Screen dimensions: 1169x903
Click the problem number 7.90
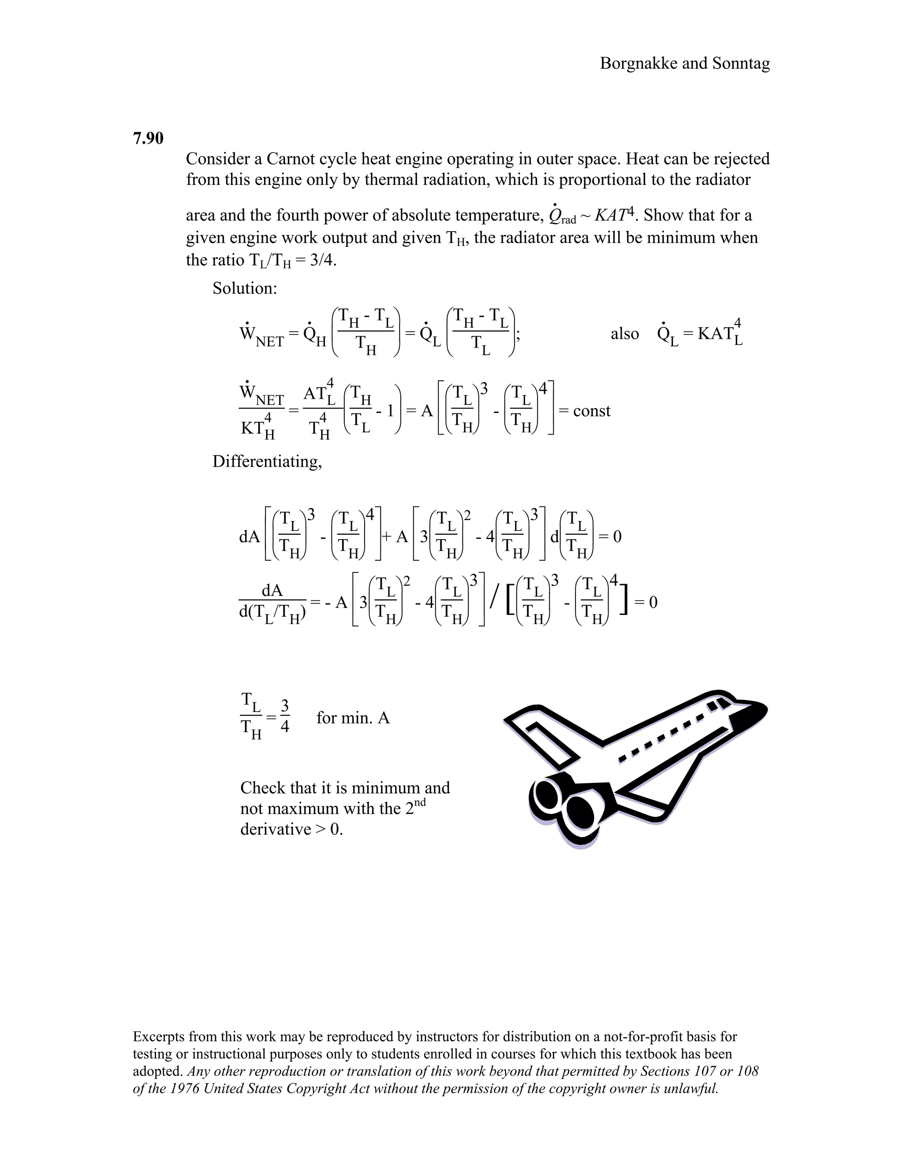148,138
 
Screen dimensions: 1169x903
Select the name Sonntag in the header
741,63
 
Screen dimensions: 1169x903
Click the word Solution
244,288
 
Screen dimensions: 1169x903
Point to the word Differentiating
267,461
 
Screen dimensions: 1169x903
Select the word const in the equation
591,411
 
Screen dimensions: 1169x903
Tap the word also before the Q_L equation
624,333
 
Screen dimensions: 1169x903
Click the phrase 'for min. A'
353,717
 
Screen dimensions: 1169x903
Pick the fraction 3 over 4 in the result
284,717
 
